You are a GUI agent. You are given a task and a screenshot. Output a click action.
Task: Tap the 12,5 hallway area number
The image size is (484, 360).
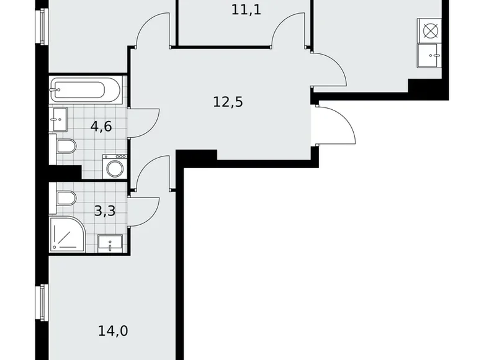(228, 101)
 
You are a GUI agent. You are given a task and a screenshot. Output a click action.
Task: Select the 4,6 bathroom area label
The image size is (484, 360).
(101, 127)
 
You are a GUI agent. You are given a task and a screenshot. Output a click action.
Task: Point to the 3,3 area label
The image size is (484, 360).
(104, 211)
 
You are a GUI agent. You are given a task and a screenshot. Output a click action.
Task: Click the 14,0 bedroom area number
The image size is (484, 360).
(113, 331)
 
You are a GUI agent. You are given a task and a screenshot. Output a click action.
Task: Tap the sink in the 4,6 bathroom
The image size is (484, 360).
(59, 119)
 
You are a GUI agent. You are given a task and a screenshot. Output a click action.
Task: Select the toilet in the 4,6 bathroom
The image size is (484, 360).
(65, 146)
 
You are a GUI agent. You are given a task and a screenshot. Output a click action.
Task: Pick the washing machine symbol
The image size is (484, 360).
(115, 167)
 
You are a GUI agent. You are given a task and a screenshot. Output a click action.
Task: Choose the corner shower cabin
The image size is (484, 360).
(66, 234)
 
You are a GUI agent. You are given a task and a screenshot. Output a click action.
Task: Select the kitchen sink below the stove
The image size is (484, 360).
(429, 55)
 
